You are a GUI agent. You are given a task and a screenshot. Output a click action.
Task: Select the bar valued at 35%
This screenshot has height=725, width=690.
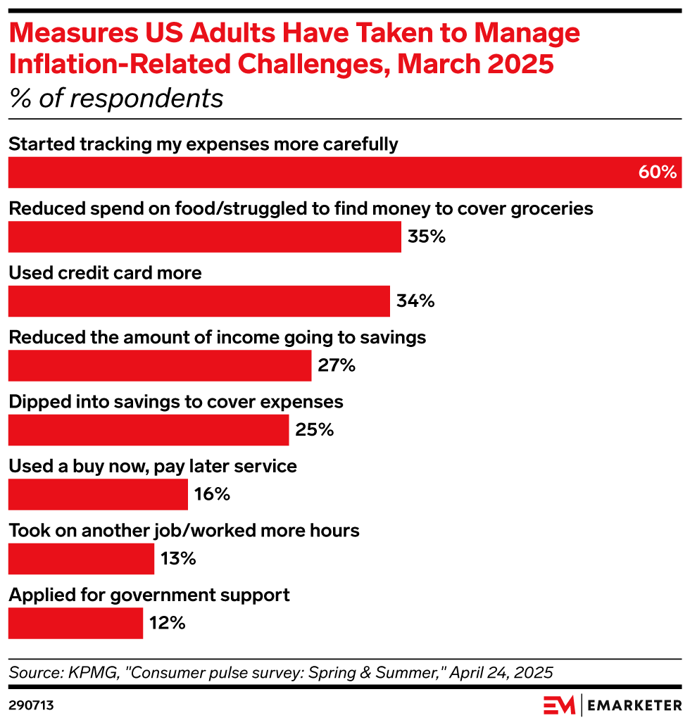tap(204, 237)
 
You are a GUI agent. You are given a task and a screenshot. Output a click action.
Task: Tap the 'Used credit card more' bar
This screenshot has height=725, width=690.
tap(199, 301)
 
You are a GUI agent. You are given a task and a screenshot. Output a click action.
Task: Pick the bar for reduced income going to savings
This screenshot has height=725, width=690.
tap(159, 366)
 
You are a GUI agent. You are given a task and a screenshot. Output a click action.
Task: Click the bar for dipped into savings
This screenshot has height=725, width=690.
tap(148, 430)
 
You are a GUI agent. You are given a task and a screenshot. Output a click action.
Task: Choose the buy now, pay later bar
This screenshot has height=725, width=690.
tap(98, 494)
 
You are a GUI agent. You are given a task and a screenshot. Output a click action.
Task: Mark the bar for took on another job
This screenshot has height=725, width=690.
tap(81, 559)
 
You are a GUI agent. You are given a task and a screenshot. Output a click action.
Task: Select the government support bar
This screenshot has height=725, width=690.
tap(75, 623)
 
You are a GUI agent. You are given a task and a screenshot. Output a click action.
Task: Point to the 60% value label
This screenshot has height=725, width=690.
tap(657, 172)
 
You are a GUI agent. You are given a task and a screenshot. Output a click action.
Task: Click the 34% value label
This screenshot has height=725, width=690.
tap(415, 301)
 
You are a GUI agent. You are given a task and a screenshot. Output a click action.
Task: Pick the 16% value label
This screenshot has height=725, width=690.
tap(213, 494)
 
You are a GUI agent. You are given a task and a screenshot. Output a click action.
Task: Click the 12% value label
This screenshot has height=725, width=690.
tap(168, 623)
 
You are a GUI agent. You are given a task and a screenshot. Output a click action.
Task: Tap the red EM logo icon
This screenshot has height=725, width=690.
tap(559, 704)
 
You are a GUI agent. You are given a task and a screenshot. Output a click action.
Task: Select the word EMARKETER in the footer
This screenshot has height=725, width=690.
tap(634, 704)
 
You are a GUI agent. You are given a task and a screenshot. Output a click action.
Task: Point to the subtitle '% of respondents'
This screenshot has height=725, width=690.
tap(116, 99)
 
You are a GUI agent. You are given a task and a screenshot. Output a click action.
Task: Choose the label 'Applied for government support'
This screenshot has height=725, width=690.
tap(149, 595)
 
